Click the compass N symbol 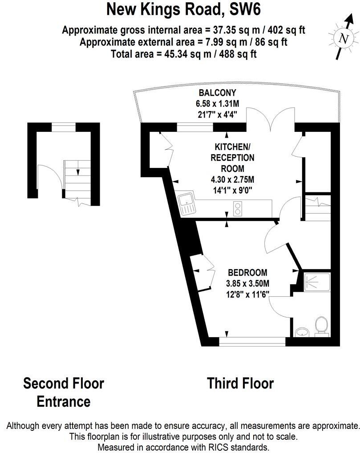point(343,39)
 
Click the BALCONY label point(217,93)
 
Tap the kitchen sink point(186,204)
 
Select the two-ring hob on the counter point(238,208)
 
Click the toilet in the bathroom point(320,326)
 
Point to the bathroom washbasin point(303,331)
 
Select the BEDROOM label point(247,273)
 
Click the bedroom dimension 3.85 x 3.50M point(248,283)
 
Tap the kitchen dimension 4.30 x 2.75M point(232,180)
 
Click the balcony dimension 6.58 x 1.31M point(217,103)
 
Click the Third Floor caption point(240,383)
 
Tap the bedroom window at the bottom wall point(252,342)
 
